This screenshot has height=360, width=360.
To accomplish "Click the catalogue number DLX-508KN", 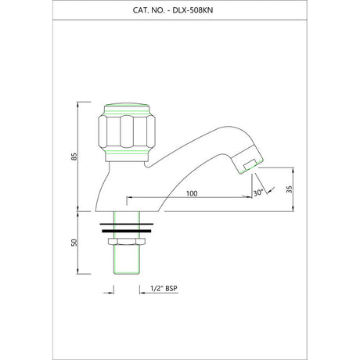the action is [193, 10].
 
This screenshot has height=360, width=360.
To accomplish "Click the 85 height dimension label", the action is [74, 157].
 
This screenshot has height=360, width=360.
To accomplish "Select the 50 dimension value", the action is [74, 243].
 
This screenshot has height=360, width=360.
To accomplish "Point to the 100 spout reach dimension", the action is [192, 193].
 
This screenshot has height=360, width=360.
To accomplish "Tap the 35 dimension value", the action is [290, 189].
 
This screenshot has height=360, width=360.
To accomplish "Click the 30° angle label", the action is [258, 193].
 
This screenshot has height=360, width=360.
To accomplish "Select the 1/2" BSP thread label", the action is [164, 289].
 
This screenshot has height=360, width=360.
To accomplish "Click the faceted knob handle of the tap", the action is [127, 131].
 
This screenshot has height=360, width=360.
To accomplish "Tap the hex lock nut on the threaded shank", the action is [127, 241].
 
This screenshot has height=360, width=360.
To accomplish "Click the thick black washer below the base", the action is [127, 231].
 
